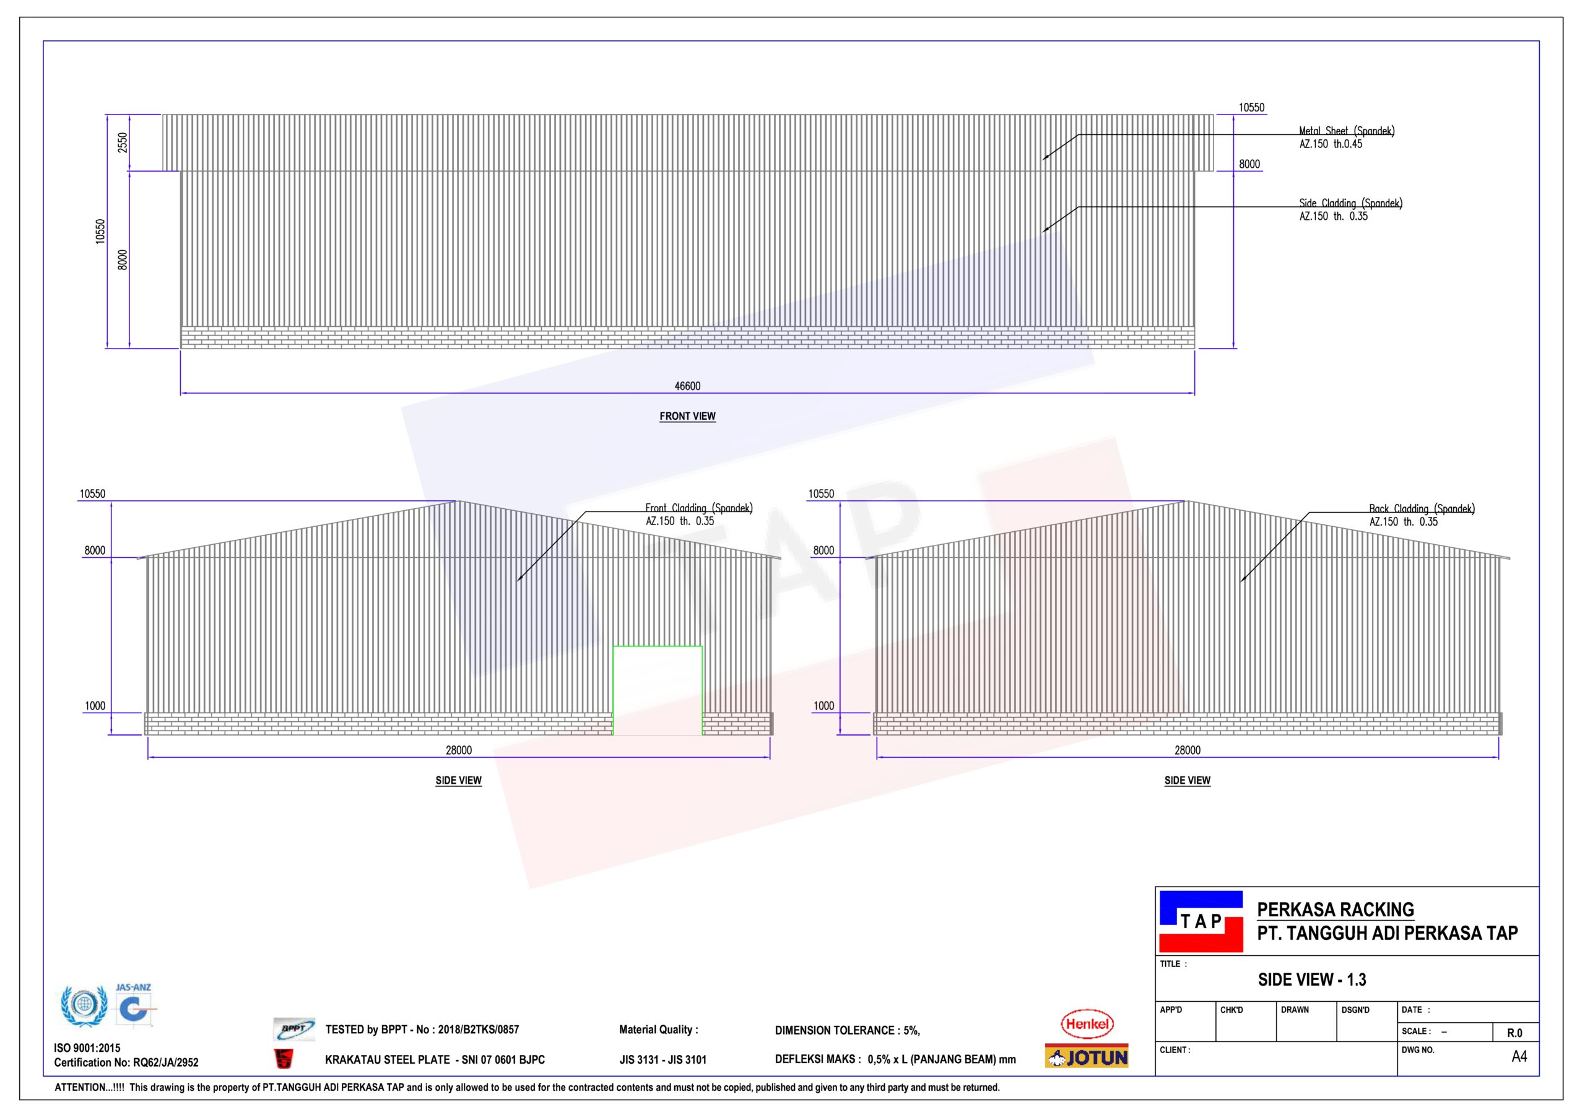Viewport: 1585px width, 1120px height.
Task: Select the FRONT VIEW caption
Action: (x=688, y=417)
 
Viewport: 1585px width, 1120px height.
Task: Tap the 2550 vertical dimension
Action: (x=123, y=142)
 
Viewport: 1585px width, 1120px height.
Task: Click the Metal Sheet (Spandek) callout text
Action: (x=1346, y=137)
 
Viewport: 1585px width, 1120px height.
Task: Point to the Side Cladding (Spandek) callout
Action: (x=1350, y=209)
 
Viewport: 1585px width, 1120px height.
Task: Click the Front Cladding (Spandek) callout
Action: (x=698, y=514)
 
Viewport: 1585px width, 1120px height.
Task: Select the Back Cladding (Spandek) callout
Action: (x=1422, y=515)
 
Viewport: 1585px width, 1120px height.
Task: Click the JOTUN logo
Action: (x=1087, y=1056)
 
